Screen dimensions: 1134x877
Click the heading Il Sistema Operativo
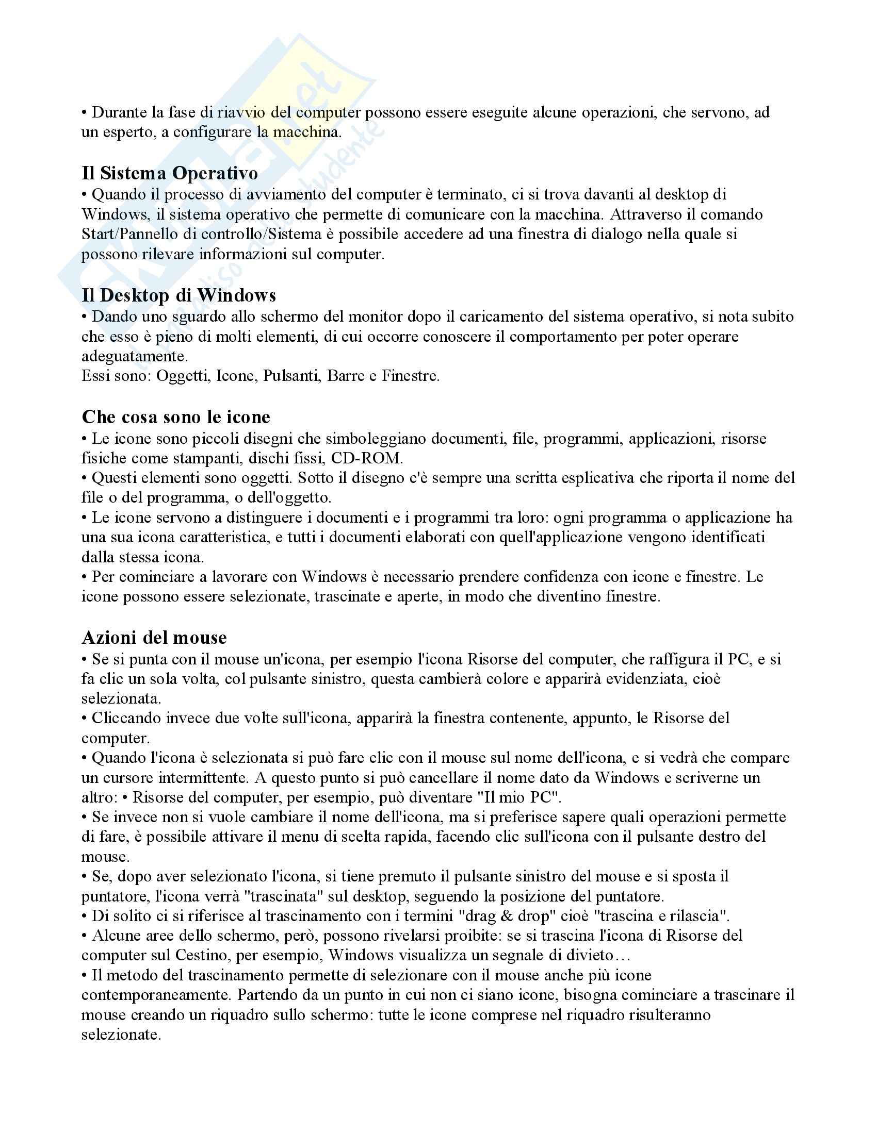[169, 173]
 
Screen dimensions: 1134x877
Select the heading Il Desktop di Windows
[178, 295]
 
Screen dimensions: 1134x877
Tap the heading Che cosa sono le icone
[176, 417]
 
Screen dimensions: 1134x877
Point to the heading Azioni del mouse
[154, 638]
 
